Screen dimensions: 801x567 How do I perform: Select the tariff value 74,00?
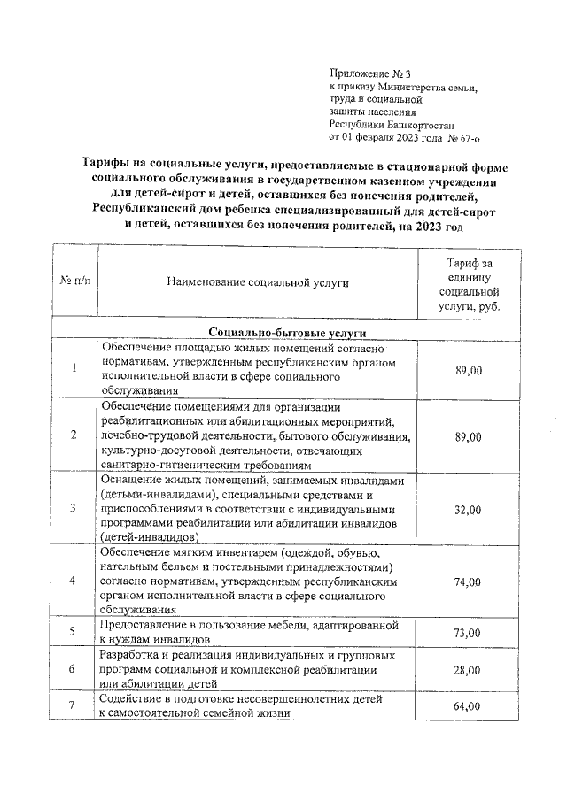coord(469,581)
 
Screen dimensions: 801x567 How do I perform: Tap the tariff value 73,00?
coord(469,633)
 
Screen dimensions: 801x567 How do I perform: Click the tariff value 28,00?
coord(469,669)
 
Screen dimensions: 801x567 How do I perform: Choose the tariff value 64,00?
coord(469,706)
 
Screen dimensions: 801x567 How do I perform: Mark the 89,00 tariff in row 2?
coord(469,437)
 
